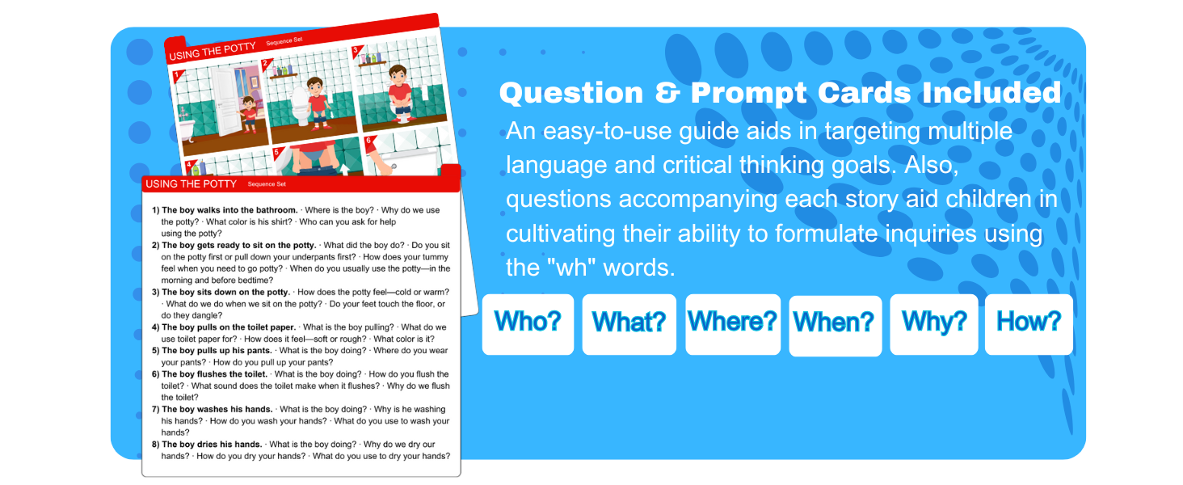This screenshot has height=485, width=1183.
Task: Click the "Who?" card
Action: (528, 323)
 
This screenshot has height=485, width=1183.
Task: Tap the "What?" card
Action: (629, 323)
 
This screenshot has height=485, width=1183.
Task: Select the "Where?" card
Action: (732, 323)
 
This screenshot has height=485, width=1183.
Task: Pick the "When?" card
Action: (834, 324)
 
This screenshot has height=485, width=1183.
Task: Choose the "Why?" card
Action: (933, 323)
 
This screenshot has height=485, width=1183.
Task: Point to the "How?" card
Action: (1028, 323)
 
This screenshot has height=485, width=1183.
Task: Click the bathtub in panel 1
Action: (184, 129)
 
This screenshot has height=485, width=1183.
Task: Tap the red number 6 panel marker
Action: (369, 141)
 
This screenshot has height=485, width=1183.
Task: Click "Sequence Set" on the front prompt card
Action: (267, 184)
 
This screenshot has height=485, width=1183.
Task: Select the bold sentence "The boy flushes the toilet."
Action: (215, 374)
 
